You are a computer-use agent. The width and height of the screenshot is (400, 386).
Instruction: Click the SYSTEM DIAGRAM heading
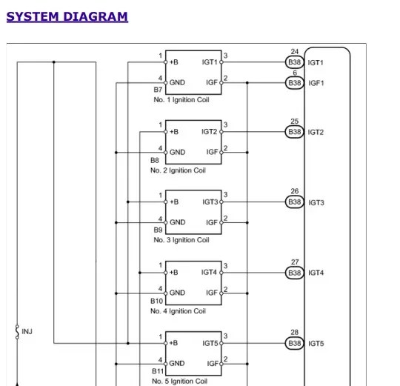click(x=67, y=16)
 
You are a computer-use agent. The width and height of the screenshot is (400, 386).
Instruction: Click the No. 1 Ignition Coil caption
click(x=181, y=100)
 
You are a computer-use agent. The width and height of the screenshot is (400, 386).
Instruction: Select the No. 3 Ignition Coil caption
click(x=181, y=240)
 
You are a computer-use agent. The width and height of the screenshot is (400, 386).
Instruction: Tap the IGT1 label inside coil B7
click(x=210, y=62)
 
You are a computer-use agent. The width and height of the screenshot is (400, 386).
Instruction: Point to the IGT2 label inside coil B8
click(x=210, y=132)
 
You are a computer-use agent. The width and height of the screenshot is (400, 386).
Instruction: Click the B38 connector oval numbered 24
click(x=295, y=63)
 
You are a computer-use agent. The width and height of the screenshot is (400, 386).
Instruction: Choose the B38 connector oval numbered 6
click(x=295, y=83)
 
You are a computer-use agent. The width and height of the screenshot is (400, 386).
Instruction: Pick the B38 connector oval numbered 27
click(x=295, y=273)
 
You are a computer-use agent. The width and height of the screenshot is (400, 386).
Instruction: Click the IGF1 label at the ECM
click(x=316, y=83)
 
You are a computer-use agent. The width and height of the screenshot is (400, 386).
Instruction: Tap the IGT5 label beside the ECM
click(x=316, y=344)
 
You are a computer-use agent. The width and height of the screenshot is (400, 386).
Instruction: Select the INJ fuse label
click(x=27, y=331)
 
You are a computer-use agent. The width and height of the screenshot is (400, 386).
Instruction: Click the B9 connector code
click(x=155, y=230)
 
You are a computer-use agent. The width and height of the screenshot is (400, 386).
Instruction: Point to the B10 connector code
click(x=156, y=302)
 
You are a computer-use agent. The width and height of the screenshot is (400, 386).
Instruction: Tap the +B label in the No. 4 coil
click(x=173, y=273)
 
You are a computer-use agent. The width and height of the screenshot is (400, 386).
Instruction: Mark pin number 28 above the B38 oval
click(x=295, y=333)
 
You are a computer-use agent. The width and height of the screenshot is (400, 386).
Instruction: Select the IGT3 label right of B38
click(x=316, y=202)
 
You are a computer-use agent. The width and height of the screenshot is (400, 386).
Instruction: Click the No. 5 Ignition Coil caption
click(x=180, y=382)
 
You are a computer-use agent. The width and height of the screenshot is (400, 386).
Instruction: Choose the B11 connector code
click(x=158, y=372)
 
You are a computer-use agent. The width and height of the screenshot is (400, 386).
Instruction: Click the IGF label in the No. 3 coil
click(x=212, y=222)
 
